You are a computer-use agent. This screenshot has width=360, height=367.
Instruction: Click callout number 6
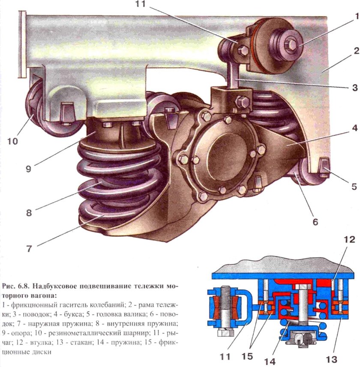pos(315,222)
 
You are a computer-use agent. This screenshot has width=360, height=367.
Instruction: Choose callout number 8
pos(28,212)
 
